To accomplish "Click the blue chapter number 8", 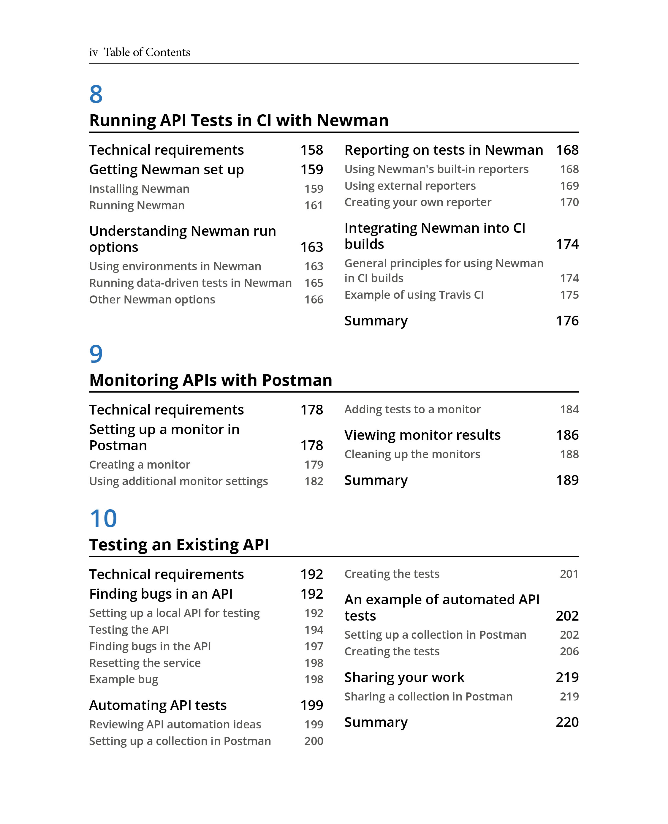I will tap(96, 94).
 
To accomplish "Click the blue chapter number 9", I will tap(96, 354).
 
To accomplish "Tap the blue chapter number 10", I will tap(103, 518).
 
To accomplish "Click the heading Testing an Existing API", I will tap(179, 545).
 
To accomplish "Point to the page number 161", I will tap(313, 205).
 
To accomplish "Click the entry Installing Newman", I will tap(139, 189).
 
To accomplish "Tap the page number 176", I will tap(567, 321).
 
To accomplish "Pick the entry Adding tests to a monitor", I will tap(412, 409).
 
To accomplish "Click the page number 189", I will tap(567, 480).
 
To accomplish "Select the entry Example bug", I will tap(124, 679).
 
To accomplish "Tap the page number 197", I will tap(313, 646).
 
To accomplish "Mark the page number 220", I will tap(567, 722).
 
